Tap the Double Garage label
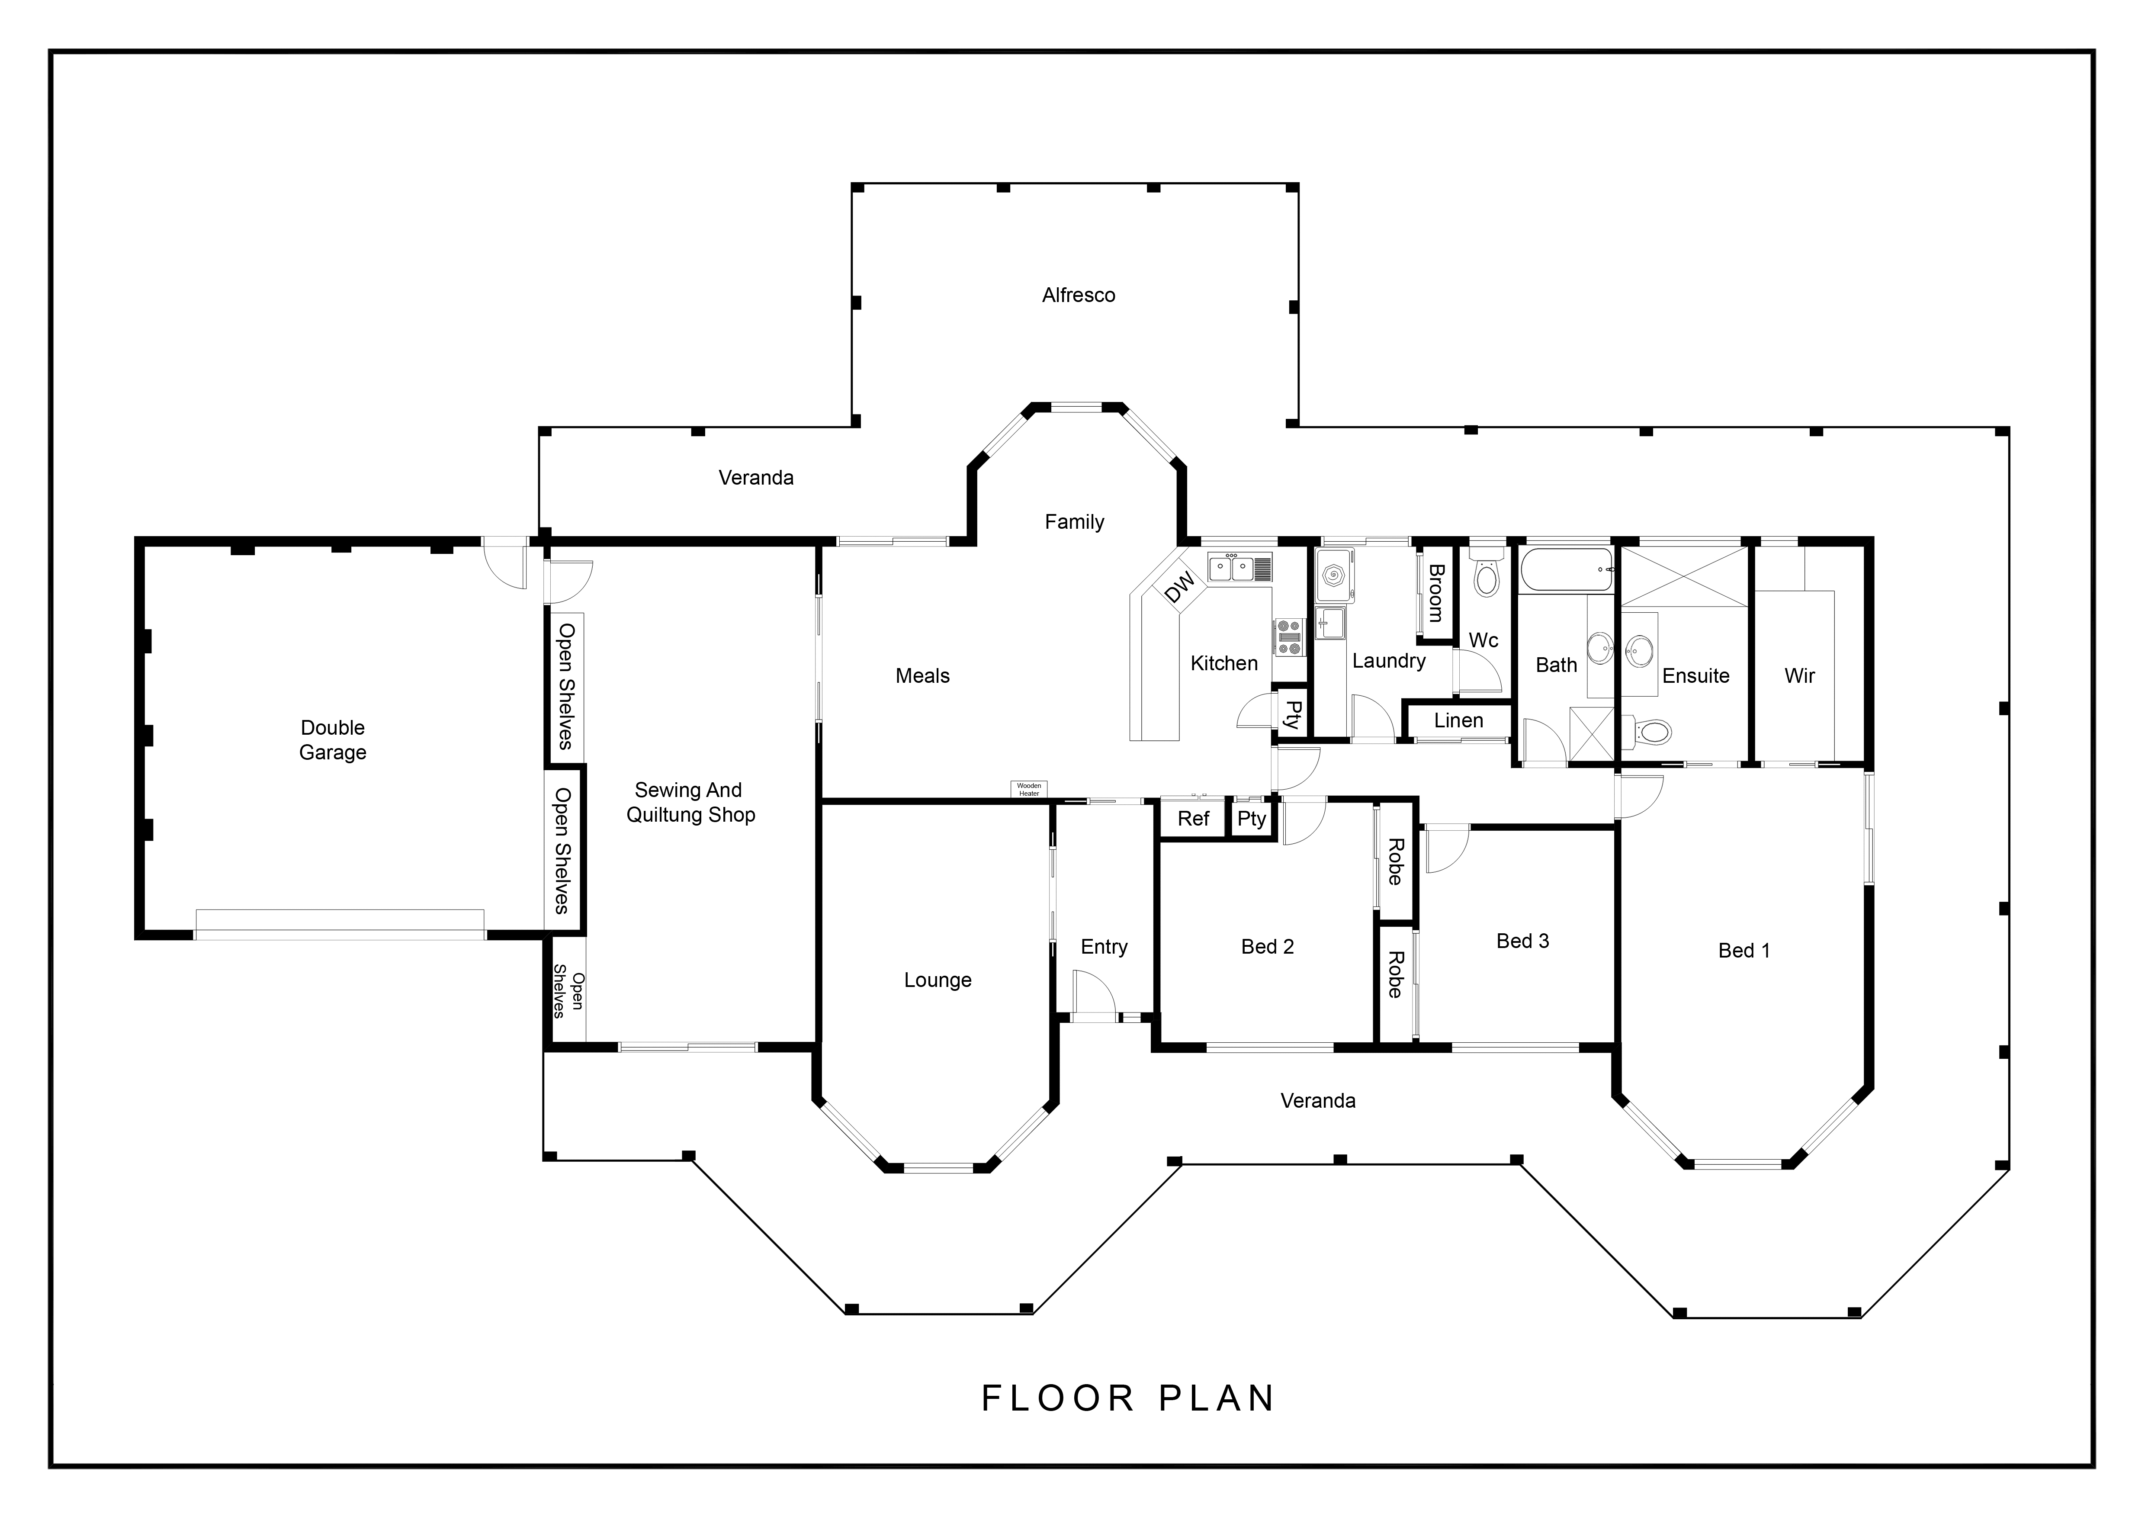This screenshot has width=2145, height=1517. tap(333, 740)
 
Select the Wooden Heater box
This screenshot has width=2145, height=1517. tap(1029, 789)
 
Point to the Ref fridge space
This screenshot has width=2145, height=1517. tap(1193, 819)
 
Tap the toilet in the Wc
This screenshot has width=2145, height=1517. tap(1485, 572)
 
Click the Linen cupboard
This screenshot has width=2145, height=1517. tap(1458, 721)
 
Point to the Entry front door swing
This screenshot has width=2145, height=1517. tap(1094, 992)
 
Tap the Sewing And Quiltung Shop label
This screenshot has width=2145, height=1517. tap(690, 802)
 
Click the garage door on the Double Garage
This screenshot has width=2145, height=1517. tap(340, 924)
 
